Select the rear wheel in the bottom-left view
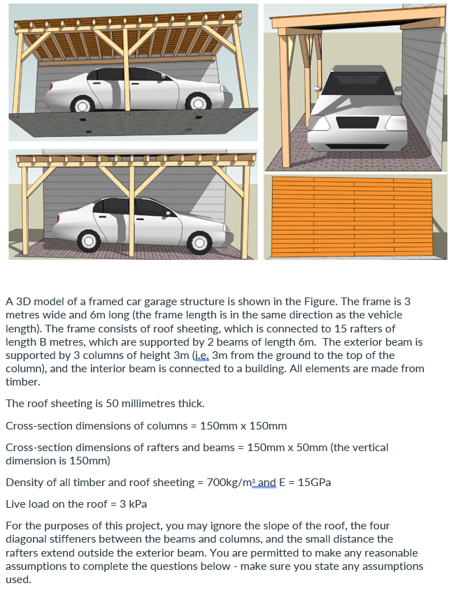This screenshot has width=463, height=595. click(90, 242)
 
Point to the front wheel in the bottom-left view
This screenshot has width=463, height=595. click(199, 242)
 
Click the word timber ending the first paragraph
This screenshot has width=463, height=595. click(21, 382)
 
